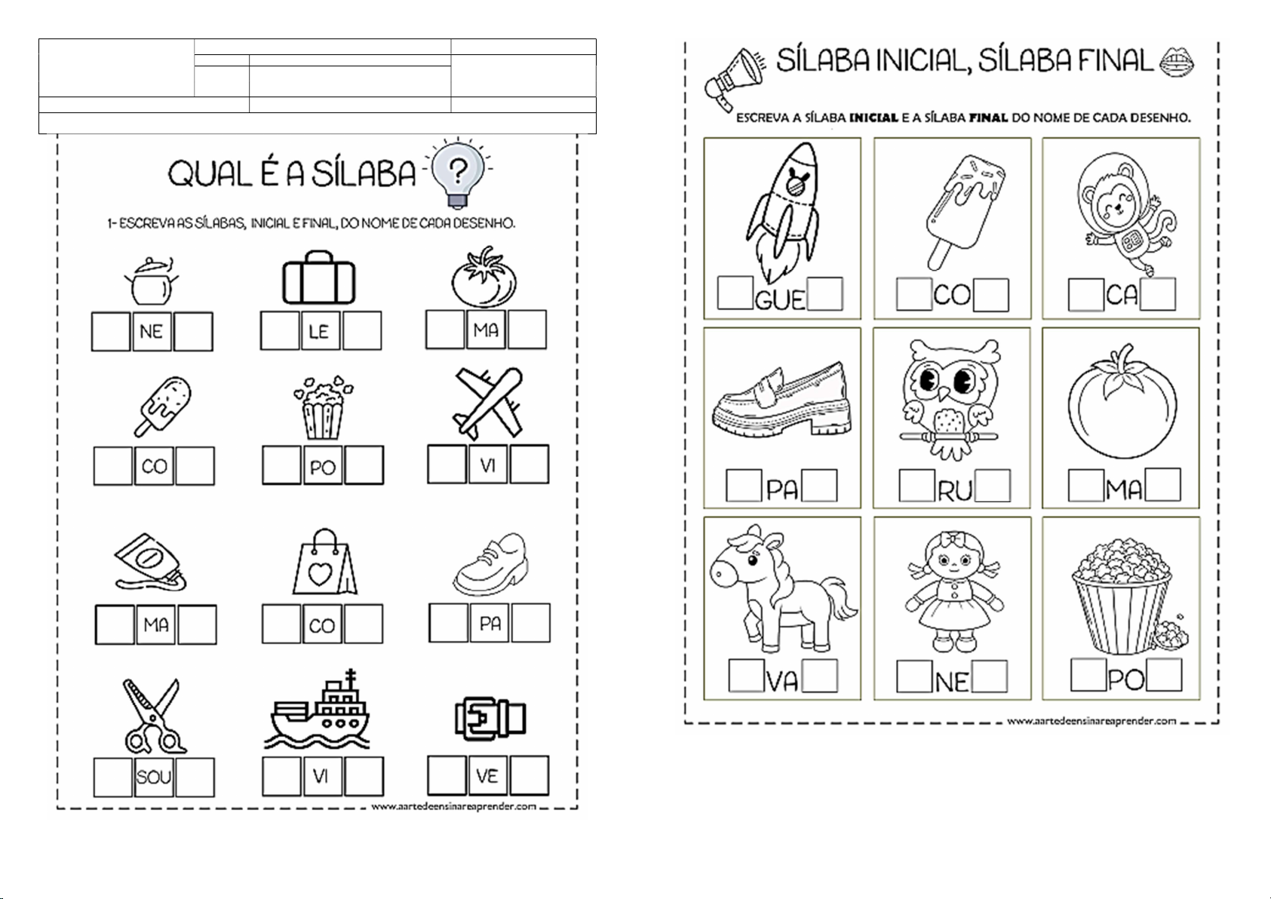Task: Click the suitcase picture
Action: (x=319, y=278)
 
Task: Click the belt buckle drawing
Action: (x=490, y=718)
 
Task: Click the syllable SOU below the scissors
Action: (x=154, y=776)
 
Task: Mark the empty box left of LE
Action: (x=280, y=331)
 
